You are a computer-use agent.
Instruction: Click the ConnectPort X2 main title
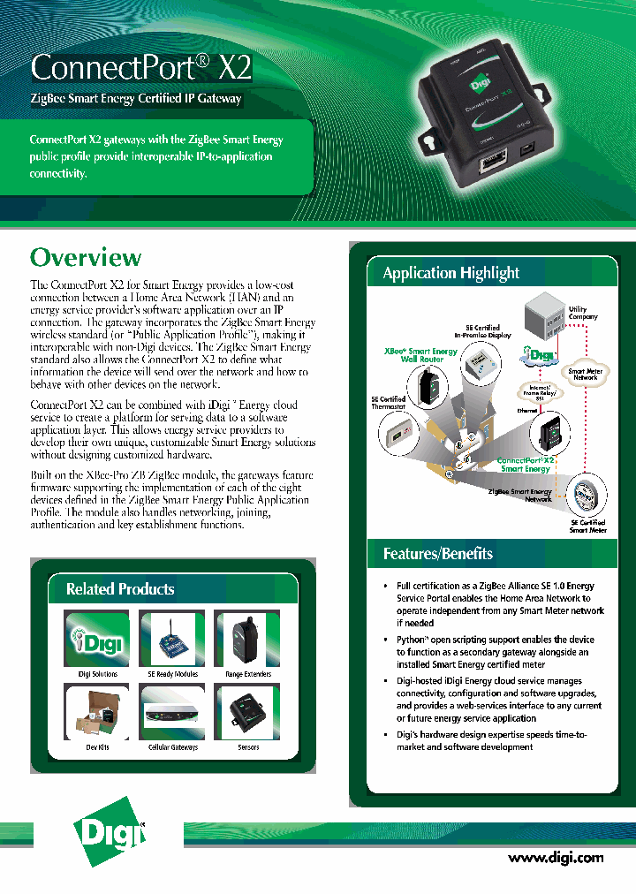pos(141,67)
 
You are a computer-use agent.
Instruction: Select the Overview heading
pos(86,257)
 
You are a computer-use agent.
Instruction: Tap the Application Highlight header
pos(450,273)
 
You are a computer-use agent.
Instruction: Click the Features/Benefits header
pos(438,554)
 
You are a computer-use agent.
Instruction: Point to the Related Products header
pos(120,589)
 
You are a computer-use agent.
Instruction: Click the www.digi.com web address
pos(556,857)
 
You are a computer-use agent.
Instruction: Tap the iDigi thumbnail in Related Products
pos(97,639)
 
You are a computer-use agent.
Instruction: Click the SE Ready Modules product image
pos(172,639)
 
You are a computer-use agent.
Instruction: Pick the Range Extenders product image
pos(247,639)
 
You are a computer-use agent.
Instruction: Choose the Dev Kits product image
pos(97,712)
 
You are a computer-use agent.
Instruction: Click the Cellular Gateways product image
pos(172,712)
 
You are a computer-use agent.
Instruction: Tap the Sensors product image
pos(247,712)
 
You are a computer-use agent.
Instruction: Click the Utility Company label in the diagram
pos(583,313)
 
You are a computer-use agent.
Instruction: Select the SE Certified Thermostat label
pos(388,403)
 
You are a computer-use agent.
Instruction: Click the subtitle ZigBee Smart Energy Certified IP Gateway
pos(136,99)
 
